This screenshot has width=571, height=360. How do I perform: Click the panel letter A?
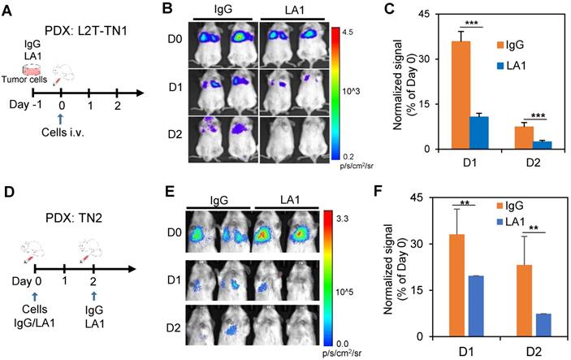9,9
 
